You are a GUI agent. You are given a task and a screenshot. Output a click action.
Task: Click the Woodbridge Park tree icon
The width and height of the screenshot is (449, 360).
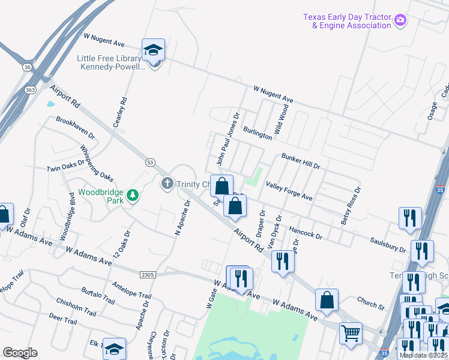(132, 195)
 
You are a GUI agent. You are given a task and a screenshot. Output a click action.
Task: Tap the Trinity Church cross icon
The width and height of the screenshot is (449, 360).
(167, 184)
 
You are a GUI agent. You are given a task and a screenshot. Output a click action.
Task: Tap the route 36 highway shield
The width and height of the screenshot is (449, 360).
(28, 67)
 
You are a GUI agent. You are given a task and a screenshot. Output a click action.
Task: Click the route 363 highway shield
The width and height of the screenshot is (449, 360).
(31, 89)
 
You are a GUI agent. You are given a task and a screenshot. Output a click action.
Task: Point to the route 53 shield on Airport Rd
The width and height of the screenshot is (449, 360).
(150, 162)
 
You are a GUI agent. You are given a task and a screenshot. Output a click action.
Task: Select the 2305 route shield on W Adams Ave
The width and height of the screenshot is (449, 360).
(147, 274)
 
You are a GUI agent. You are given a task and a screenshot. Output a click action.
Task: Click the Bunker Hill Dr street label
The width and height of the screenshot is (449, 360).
(301, 161)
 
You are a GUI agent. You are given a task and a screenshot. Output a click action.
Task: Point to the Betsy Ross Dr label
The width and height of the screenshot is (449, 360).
(351, 205)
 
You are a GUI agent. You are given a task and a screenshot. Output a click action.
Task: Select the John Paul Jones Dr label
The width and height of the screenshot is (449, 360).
(228, 139)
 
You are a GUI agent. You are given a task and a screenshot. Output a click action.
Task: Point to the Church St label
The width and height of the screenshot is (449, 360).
(370, 305)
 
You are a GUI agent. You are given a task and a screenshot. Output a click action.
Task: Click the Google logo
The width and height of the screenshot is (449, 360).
(20, 353)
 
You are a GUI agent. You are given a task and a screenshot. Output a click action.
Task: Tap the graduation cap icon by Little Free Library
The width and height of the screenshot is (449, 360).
(153, 49)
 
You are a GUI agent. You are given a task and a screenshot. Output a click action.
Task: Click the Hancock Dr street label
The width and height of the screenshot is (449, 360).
(306, 233)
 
